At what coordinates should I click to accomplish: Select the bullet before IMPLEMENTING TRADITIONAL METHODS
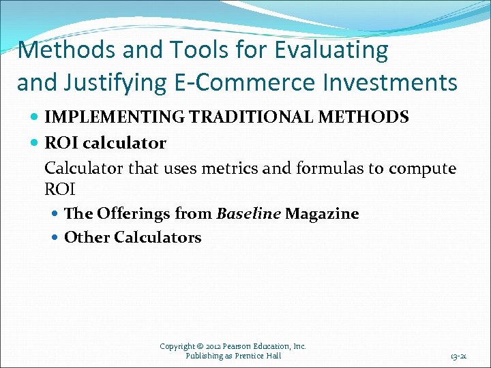35,117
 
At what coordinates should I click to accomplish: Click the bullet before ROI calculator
35,143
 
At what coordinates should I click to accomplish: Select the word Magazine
322,213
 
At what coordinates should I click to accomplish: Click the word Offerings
134,213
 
